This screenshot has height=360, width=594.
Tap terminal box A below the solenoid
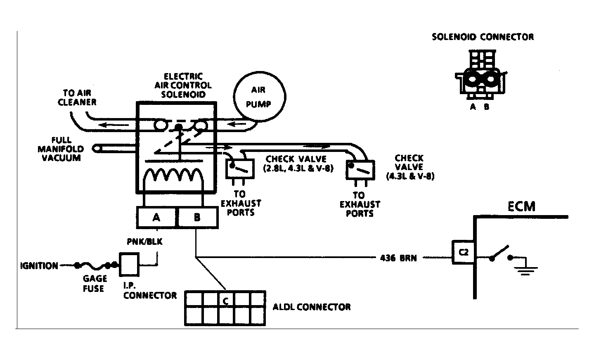coord(156,217)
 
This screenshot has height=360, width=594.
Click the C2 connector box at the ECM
coord(463,252)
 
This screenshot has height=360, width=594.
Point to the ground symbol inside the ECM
coord(525,270)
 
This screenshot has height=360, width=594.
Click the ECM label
coord(521,206)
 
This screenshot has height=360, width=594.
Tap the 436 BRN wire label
coord(398,258)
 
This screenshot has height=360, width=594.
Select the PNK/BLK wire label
coord(144,242)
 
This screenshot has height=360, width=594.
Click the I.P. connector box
coord(129,265)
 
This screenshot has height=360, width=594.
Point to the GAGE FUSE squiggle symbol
coord(92,265)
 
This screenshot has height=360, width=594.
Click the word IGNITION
coord(39,265)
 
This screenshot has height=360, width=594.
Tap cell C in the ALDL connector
coord(226,299)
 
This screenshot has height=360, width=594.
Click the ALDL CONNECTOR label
coord(312,307)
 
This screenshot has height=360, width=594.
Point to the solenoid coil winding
coord(173,175)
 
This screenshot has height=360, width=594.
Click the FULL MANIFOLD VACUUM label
coord(61,149)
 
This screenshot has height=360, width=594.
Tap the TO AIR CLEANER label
coord(77,97)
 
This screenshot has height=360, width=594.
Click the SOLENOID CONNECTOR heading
coord(483,37)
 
